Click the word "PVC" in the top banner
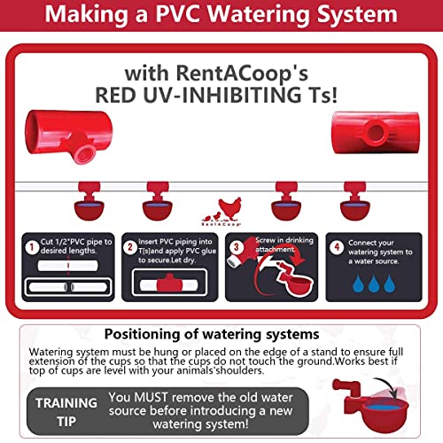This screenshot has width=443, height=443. tap(178, 14)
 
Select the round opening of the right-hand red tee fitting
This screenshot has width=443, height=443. tap(376, 132)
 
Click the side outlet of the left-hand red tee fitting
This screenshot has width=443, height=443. tap(84, 153)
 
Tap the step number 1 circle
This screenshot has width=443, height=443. tap(32, 247)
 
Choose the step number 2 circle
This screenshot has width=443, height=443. tap(130, 247)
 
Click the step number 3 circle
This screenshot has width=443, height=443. tap(236, 247)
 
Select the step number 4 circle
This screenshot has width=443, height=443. tap(337, 247)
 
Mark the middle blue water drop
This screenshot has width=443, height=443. tap(374, 284)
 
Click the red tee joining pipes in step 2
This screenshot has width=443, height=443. tap(169, 284)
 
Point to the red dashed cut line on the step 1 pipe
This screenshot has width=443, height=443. tap(68, 265)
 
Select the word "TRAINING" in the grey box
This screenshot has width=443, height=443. tap(66, 403)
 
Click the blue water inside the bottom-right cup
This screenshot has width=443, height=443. tap(383, 408)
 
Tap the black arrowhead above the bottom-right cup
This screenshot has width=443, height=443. tap(393, 392)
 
